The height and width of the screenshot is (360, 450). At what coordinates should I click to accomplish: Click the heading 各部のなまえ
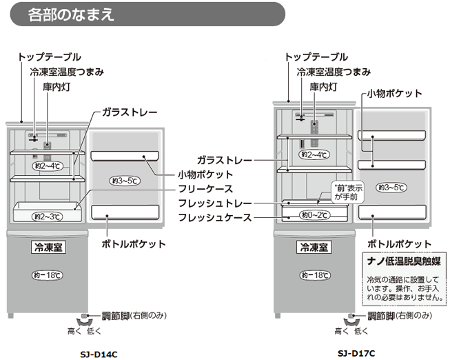point(72,14)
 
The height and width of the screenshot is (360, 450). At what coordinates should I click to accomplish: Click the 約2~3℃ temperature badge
point(46,217)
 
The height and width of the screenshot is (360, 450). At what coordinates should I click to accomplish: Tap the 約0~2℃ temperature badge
point(314,215)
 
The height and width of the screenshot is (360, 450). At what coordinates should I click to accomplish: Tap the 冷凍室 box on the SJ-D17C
point(314,246)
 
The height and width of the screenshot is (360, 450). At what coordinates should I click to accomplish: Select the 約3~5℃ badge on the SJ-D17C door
point(391,187)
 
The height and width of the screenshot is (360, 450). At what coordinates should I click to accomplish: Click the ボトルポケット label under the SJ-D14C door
point(133,243)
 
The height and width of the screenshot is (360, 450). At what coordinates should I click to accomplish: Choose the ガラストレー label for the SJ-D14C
point(130,112)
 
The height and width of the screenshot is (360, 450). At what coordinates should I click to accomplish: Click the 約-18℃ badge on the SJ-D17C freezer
point(314,274)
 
